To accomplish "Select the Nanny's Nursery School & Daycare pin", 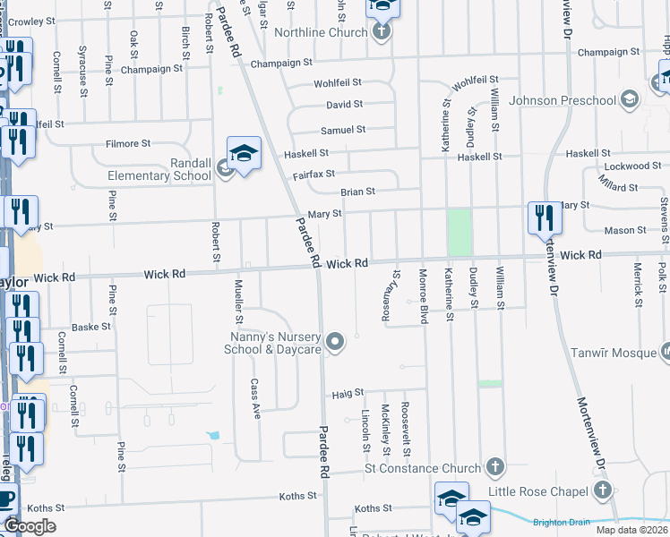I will pyautogui.click(x=335, y=340).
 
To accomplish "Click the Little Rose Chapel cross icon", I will pyautogui.click(x=604, y=490).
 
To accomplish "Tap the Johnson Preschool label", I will pyautogui.click(x=559, y=100).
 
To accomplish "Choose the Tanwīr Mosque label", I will pyautogui.click(x=607, y=353).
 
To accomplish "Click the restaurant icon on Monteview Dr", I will pyautogui.click(x=543, y=217).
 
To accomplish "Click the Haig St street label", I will pyautogui.click(x=348, y=392).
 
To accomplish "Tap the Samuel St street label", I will pyautogui.click(x=343, y=130).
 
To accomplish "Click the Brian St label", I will pyautogui.click(x=356, y=192).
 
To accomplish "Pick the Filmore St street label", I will pyautogui.click(x=123, y=143).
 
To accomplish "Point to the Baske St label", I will pyautogui.click(x=92, y=327).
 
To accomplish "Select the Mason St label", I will pyautogui.click(x=626, y=230).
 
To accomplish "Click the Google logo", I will pyautogui.click(x=30, y=526).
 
